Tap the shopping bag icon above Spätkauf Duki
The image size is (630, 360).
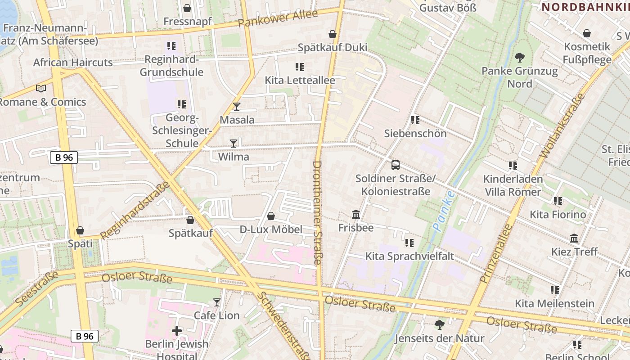tap(333, 34)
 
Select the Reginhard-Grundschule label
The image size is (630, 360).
tap(171, 66)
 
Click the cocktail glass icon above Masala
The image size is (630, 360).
tap(237, 107)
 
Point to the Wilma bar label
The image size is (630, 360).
tap(234, 157)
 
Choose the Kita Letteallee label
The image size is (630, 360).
tap(300, 81)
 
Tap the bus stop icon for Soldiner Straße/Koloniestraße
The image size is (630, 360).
tap(396, 165)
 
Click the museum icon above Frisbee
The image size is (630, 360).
tap(356, 215)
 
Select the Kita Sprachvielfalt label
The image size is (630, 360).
tap(409, 256)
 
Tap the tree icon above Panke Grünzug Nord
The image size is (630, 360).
tap(520, 58)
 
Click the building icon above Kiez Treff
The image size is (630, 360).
tap(574, 238)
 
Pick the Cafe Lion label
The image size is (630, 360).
tap(216, 315)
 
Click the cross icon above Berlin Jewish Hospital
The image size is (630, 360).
tap(177, 331)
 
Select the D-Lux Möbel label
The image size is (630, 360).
tap(271, 229)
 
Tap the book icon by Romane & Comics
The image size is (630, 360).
tap(41, 89)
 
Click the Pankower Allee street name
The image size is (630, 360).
tap(278, 18)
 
